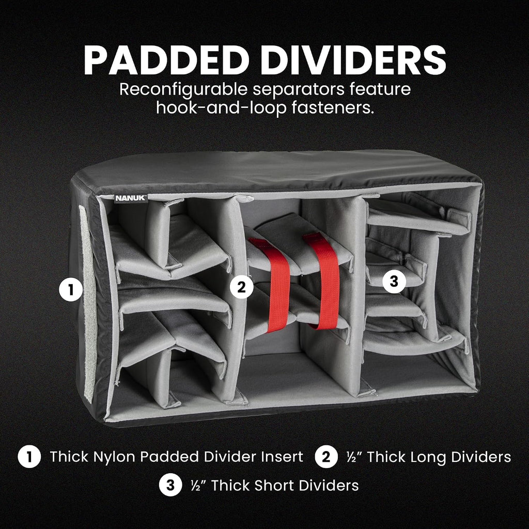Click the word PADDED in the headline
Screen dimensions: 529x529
click(x=164, y=60)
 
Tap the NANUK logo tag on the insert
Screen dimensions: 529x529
click(x=131, y=198)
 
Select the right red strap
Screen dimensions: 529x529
click(x=323, y=280)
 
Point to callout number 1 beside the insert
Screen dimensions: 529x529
click(x=71, y=289)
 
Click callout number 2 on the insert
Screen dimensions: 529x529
click(x=242, y=287)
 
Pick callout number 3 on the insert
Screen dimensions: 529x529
click(x=394, y=281)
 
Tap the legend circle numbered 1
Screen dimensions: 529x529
click(x=29, y=457)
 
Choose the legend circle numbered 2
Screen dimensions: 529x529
click(x=326, y=457)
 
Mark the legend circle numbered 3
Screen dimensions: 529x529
click(x=170, y=485)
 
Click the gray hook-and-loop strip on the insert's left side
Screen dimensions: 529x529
click(x=88, y=304)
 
